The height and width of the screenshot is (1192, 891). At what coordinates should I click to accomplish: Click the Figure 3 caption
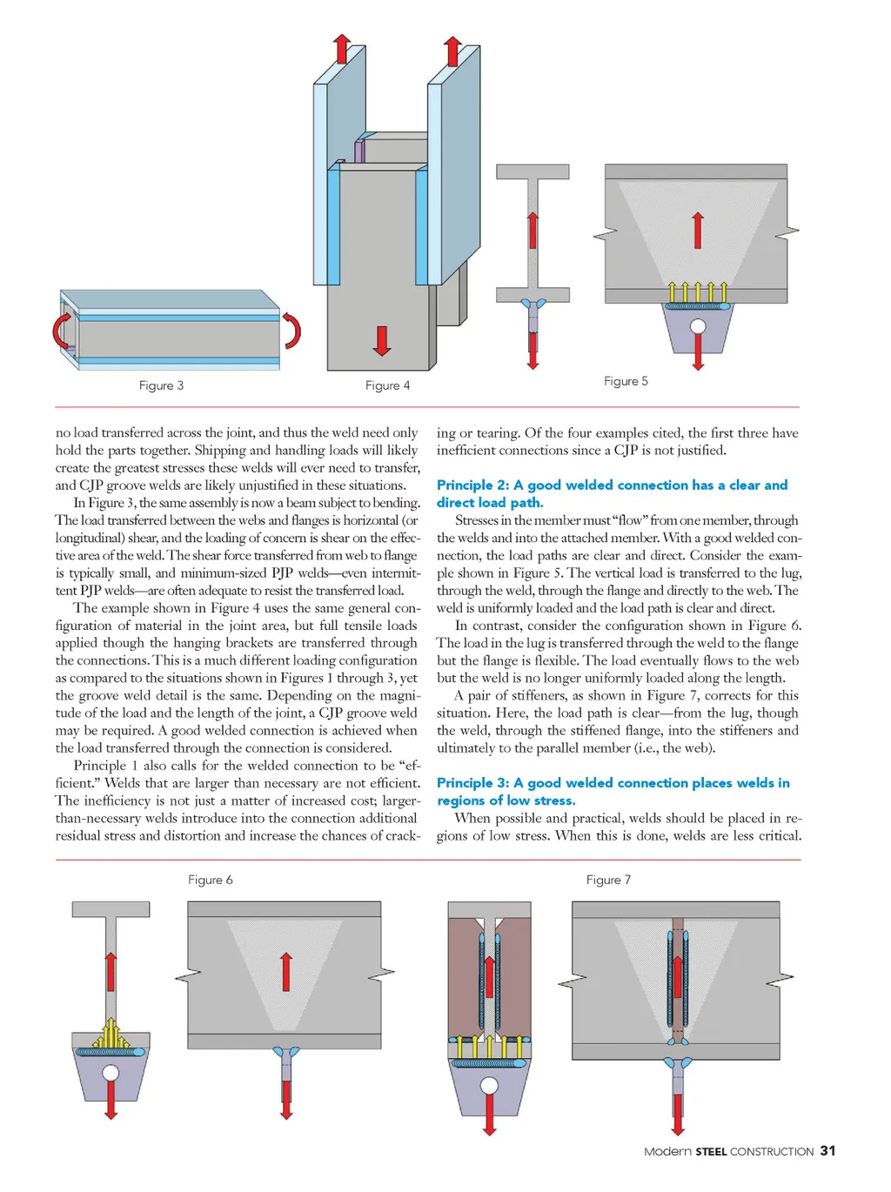(161, 385)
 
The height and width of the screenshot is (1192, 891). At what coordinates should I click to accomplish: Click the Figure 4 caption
(387, 385)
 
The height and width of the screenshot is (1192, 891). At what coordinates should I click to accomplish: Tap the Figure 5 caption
(626, 381)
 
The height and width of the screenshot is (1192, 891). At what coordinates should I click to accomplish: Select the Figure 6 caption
(211, 880)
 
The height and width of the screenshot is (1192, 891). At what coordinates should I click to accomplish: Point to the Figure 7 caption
(608, 880)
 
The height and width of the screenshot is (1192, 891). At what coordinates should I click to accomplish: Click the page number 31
(827, 1150)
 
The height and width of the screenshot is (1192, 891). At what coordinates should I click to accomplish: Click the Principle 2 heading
(612, 493)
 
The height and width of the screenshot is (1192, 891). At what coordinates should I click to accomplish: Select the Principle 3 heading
(613, 791)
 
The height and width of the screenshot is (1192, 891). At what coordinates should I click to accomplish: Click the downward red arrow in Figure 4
(381, 340)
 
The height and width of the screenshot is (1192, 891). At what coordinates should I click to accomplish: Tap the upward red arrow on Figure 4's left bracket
(342, 49)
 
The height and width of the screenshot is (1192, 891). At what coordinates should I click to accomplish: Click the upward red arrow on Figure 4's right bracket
(452, 51)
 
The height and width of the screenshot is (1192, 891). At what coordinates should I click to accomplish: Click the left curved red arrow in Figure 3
(63, 331)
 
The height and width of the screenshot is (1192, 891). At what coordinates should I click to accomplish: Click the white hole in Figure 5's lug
(697, 328)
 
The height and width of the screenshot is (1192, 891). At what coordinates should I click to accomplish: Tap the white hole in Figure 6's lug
(111, 1072)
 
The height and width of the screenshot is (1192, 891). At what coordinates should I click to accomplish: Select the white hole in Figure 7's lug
(489, 1086)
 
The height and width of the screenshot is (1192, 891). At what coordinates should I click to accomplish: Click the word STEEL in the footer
(711, 1151)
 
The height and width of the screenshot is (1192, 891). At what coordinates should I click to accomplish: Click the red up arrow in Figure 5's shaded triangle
(697, 231)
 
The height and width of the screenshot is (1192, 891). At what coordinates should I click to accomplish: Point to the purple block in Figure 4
(359, 152)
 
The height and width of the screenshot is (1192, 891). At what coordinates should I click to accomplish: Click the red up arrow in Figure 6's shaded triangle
(285, 972)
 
